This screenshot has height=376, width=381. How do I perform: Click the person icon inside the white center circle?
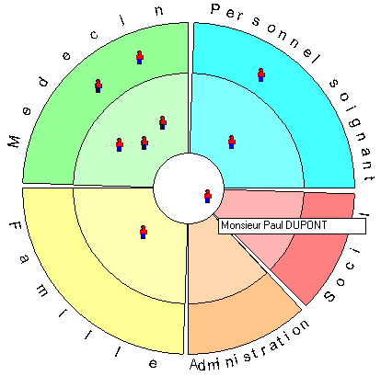(208, 196)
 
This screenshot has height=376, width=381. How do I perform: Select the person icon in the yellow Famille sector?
(144, 232)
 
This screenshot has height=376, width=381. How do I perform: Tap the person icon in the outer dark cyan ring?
(261, 74)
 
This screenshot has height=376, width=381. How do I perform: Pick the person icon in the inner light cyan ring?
(232, 142)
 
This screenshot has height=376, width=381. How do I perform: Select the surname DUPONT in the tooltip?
(306, 225)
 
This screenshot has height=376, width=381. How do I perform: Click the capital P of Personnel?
(216, 9)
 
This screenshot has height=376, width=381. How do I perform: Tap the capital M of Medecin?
(14, 142)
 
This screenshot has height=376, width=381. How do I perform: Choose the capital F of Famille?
(16, 227)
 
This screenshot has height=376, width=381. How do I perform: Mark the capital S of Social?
(329, 296)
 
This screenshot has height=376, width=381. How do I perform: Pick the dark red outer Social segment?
(322, 245)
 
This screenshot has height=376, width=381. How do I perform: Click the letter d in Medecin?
(44, 82)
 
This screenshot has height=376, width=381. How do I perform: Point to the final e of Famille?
(153, 363)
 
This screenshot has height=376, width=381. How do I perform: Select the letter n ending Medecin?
(158, 11)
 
